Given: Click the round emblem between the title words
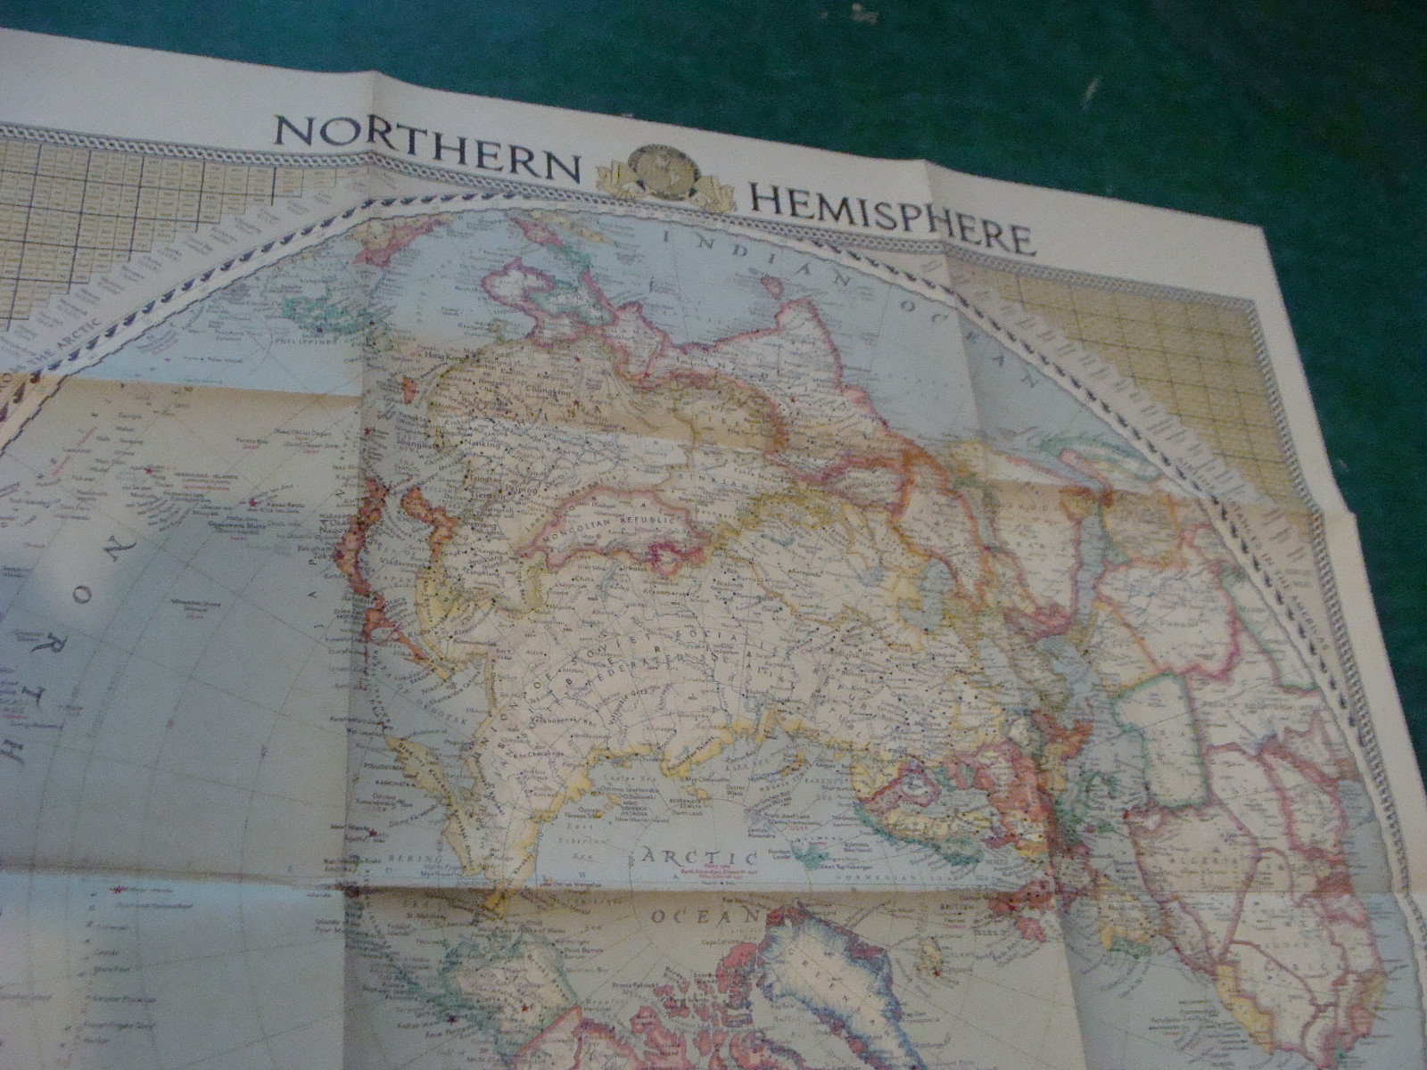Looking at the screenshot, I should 660,175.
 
